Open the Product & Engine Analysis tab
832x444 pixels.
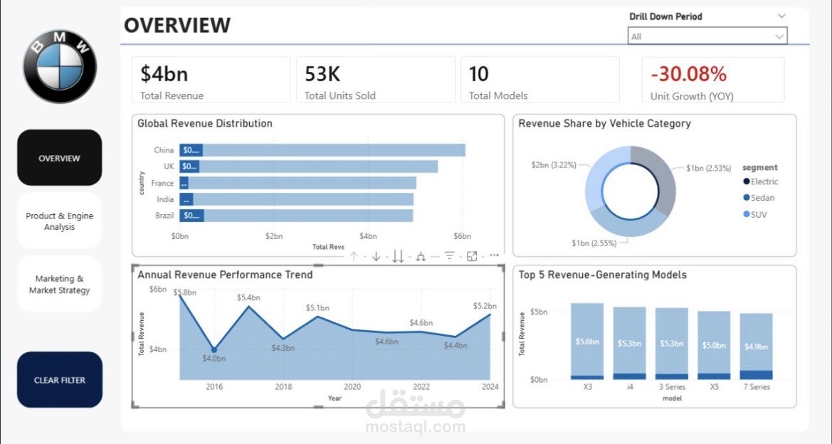click(59, 221)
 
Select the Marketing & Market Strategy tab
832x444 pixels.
click(59, 285)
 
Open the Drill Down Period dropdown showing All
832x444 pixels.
click(707, 36)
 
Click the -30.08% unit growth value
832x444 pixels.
click(688, 74)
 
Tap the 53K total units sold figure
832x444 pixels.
click(322, 74)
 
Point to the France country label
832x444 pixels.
click(164, 183)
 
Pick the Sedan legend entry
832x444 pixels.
click(762, 198)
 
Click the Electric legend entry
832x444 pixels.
click(764, 181)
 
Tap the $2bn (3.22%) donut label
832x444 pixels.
click(553, 164)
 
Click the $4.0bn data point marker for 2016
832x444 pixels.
click(214, 349)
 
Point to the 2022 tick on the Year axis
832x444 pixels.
click(421, 387)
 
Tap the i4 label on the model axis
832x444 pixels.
click(630, 387)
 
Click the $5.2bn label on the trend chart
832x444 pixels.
click(486, 306)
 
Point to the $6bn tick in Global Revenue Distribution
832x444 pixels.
click(462, 236)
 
